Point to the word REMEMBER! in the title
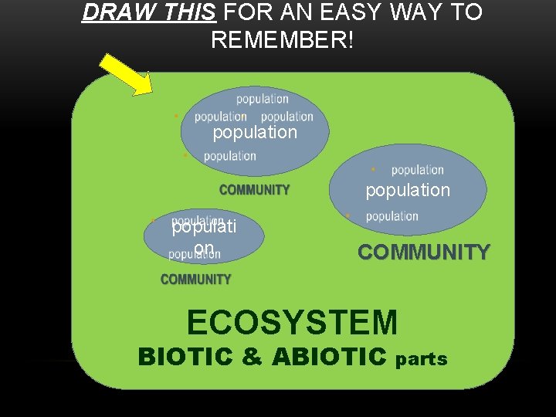[283, 40]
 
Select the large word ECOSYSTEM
[292, 322]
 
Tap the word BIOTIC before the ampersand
[184, 357]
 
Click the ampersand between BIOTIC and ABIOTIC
[246, 357]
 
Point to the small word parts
[422, 359]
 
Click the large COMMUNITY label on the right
[423, 253]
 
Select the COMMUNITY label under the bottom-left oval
[195, 280]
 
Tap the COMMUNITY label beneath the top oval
[254, 190]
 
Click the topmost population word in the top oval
[262, 99]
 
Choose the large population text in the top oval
[255, 132]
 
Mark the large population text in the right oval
[408, 190]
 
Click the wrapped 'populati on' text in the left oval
[204, 237]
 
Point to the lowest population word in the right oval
[392, 217]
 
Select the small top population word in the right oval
[417, 170]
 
